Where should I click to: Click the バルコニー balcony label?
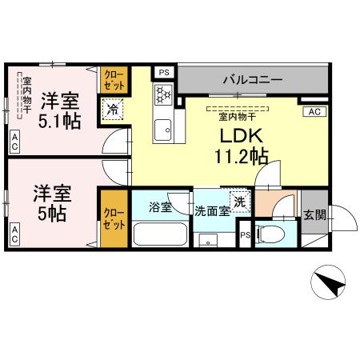tap(252, 81)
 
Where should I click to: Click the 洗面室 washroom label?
tap(212, 211)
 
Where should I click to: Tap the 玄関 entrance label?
tap(314, 214)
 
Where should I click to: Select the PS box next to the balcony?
tap(164, 72)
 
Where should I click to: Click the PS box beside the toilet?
tap(246, 235)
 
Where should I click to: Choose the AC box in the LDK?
tap(314, 112)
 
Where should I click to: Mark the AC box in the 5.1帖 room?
tap(14, 142)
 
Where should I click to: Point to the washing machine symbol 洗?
tap(238, 200)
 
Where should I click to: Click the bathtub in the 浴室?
tap(159, 234)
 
